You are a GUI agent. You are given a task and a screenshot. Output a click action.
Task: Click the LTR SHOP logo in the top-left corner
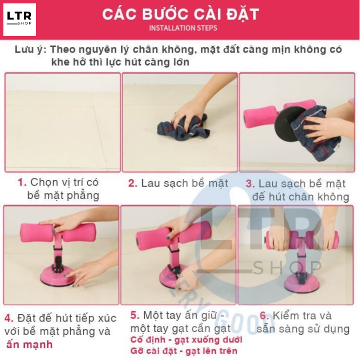19,19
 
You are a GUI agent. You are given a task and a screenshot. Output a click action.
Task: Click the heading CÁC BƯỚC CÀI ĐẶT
180,14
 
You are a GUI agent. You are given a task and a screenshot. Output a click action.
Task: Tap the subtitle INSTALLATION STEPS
183,28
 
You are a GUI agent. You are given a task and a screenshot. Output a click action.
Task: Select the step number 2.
133,184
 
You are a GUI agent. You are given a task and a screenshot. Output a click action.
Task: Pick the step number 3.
250,184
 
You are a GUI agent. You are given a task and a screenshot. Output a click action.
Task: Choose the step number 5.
135,316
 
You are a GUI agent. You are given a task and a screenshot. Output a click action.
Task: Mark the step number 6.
264,316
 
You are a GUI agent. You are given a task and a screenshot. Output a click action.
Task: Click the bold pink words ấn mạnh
29,344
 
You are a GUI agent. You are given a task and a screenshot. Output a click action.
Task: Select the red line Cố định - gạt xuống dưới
186,340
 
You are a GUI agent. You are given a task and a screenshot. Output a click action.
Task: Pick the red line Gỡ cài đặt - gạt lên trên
184,351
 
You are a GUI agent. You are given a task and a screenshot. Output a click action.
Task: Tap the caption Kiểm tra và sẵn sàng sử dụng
303,322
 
